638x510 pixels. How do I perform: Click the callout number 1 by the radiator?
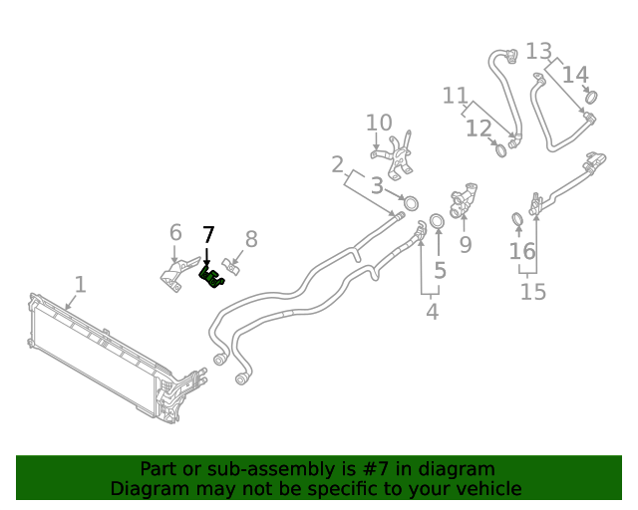tap(80, 285)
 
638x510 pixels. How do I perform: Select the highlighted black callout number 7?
tap(207, 235)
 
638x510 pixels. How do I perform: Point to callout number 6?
tap(175, 232)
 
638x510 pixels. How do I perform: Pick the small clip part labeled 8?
tap(232, 266)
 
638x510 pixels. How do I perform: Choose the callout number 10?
tap(379, 123)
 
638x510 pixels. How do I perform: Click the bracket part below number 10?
tap(399, 157)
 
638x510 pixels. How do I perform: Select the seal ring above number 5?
tap(437, 219)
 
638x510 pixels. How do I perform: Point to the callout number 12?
tap(478, 128)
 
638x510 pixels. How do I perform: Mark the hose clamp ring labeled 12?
tap(499, 150)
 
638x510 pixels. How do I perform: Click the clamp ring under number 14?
tap(590, 97)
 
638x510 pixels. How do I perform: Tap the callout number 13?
tap(538, 50)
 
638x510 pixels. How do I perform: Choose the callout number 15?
tap(533, 292)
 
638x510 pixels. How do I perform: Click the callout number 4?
tap(432, 312)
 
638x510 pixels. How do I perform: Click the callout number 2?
tap(338, 163)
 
